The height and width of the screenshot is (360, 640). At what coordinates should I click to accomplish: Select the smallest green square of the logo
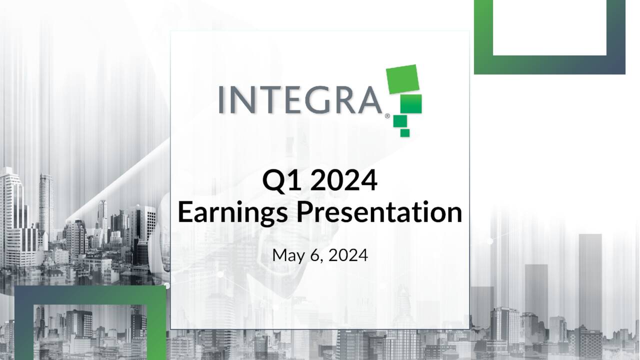405,132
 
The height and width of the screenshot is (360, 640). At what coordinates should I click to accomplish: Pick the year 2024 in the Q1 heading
343,181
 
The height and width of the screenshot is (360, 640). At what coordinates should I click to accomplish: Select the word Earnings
232,213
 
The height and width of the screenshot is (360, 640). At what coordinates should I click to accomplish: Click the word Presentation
378,212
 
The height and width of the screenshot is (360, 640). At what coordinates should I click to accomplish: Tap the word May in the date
287,256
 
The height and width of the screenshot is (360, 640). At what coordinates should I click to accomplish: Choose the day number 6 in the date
316,255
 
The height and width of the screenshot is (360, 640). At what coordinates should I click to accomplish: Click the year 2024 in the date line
349,255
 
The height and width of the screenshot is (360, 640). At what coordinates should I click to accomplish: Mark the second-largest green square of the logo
413,103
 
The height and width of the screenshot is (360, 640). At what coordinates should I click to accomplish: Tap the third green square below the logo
399,121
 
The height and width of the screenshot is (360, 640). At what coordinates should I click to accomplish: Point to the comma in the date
321,260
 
